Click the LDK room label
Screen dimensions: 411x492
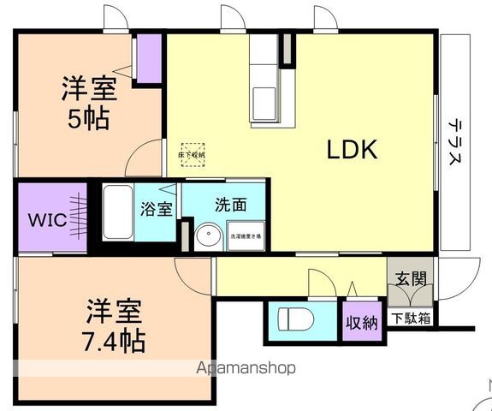352,150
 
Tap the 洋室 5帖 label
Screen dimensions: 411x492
88,102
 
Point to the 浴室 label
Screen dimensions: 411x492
157,209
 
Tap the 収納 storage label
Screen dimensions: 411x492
362,323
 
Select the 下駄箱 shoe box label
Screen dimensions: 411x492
411,319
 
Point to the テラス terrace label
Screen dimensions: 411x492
455,143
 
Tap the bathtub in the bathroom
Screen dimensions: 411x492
117,213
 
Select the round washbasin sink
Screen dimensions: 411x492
206,237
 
